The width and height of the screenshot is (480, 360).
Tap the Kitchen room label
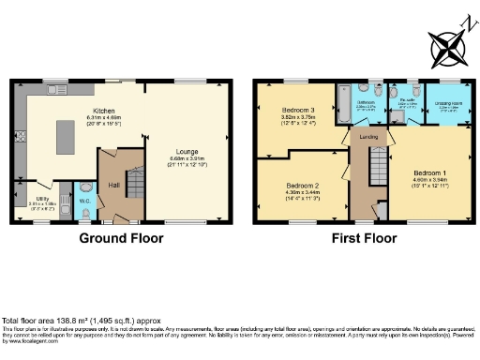coord(71,112)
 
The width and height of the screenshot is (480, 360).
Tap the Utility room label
coord(44,200)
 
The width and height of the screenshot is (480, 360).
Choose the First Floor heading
coord(362,238)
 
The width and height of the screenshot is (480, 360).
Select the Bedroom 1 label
coord(430,173)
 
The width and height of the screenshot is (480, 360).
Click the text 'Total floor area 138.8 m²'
coord(56,320)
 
